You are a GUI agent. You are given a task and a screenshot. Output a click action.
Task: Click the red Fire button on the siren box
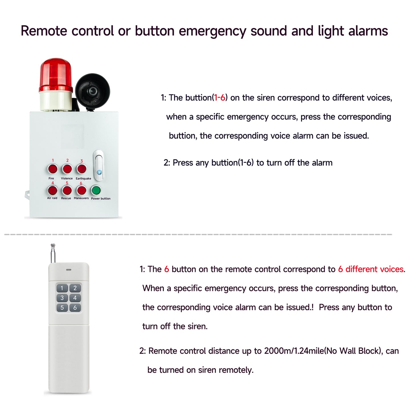52,169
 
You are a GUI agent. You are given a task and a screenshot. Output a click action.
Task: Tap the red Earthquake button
81,169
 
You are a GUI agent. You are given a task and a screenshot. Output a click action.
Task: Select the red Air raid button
52,190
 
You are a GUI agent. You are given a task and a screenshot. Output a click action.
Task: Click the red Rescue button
67,190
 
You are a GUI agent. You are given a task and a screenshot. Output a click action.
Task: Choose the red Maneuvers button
81,190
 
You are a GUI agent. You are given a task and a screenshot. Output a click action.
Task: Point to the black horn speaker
92,91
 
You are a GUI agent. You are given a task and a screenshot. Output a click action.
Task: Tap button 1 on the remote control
62,288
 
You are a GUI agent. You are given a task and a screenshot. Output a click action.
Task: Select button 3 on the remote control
62,298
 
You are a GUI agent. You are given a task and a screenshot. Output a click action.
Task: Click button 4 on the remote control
75,298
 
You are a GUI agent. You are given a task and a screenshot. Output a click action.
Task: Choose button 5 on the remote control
62,308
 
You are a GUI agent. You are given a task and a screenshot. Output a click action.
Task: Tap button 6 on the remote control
75,308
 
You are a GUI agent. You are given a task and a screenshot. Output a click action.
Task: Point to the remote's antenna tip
53,245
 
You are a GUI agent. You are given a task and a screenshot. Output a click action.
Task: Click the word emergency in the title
212,31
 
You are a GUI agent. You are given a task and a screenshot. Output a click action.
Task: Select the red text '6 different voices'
371,269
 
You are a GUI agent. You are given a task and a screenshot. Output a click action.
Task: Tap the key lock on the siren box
99,166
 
